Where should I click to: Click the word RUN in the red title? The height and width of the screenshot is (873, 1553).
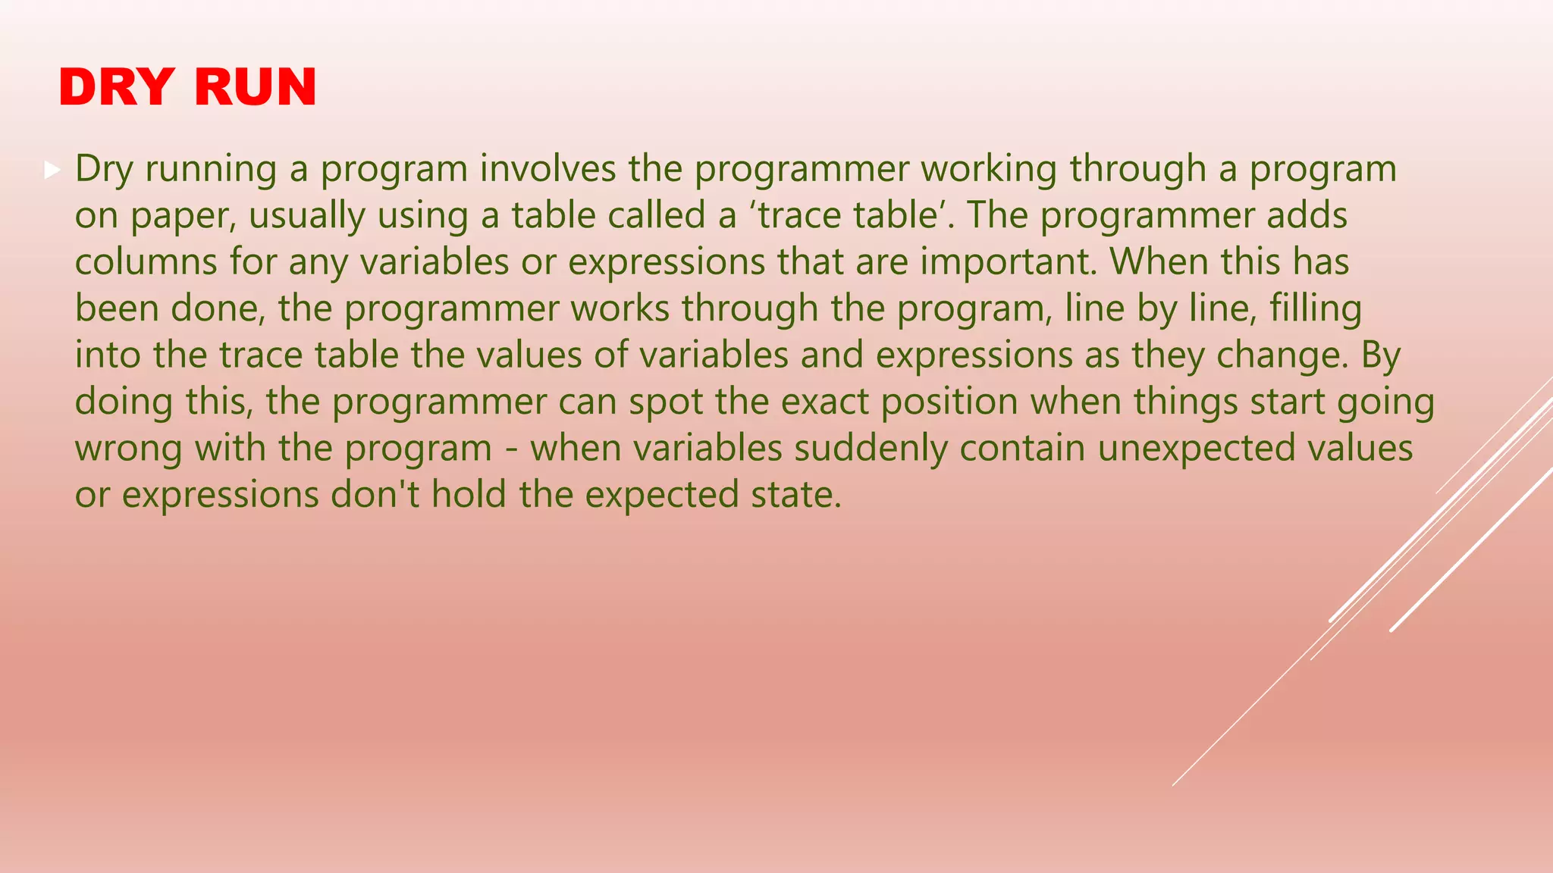click(x=255, y=87)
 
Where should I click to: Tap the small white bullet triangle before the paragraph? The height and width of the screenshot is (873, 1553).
click(x=52, y=170)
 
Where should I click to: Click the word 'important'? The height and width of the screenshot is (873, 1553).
click(x=1009, y=262)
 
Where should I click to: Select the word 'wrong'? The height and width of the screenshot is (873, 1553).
click(x=128, y=449)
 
